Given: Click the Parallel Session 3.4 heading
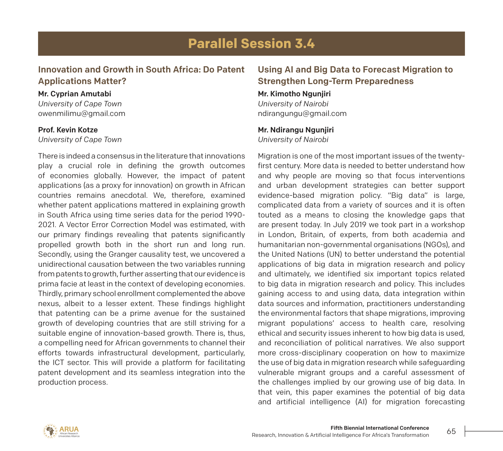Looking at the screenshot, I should (251, 43).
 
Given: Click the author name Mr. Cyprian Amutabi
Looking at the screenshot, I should (74, 94).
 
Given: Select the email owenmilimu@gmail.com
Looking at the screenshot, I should (82, 113).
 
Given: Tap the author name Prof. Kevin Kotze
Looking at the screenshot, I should (68, 130).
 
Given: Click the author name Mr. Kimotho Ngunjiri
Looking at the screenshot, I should (294, 94).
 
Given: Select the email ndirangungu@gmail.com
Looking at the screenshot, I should (302, 113).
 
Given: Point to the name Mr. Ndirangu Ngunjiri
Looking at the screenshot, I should (296, 130).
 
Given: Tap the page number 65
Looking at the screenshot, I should (451, 431).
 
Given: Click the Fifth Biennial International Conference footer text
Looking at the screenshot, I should (380, 428).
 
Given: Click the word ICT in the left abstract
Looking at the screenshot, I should (58, 362).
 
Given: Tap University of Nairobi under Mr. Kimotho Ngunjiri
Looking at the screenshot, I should (293, 104).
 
